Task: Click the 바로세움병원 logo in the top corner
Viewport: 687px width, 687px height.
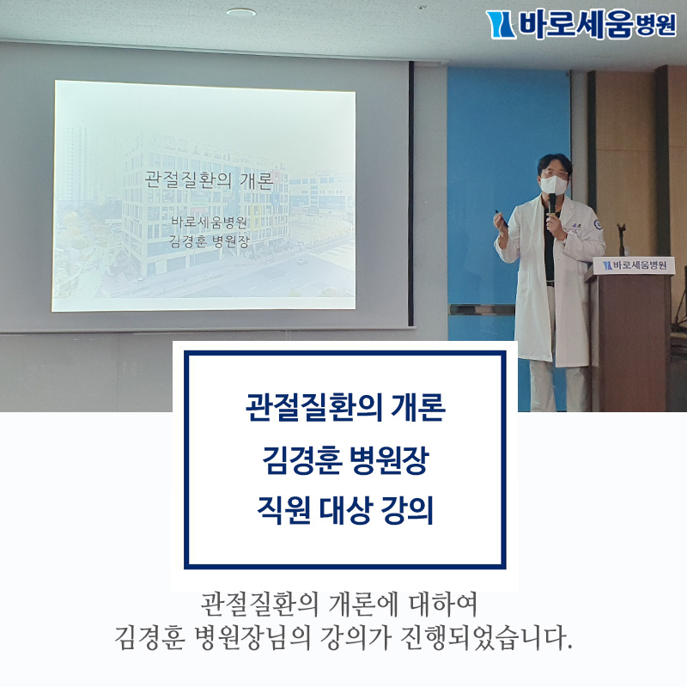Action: pos(581,25)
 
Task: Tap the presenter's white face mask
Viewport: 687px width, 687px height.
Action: pos(553,185)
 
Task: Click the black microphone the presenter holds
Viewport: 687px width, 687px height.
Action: pos(552,206)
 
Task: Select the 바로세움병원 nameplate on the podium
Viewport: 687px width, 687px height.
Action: pos(634,265)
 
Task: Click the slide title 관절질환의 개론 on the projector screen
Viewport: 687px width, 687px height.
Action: pos(210,179)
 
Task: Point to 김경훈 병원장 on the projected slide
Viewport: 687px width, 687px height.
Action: pos(209,241)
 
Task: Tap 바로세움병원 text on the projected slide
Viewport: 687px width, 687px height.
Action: pos(209,222)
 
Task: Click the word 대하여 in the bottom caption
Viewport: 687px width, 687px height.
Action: pos(443,605)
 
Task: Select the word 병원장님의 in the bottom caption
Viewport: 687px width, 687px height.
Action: pos(252,638)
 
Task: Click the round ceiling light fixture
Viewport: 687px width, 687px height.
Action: pos(241,12)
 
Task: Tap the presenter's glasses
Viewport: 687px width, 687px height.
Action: pos(553,173)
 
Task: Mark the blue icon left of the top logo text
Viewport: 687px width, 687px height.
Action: pos(501,25)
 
